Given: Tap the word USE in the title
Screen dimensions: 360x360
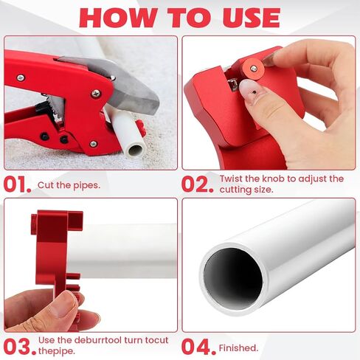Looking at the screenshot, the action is pos(252,18).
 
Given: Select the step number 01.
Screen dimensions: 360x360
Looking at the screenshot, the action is pos(18,184).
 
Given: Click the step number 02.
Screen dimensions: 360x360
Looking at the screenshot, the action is pos(197,184).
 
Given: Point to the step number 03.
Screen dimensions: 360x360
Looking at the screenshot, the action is pos(20,347).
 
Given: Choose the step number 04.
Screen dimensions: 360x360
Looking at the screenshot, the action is pos(198,347).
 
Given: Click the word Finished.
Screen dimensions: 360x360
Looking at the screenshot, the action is pos(238,348).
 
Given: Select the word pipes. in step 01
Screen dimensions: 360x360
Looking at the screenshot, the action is pos(86,185).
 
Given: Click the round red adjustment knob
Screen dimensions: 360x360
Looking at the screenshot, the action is pos(254,69).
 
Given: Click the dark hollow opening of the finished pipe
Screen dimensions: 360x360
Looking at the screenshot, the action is pos(233,278).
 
